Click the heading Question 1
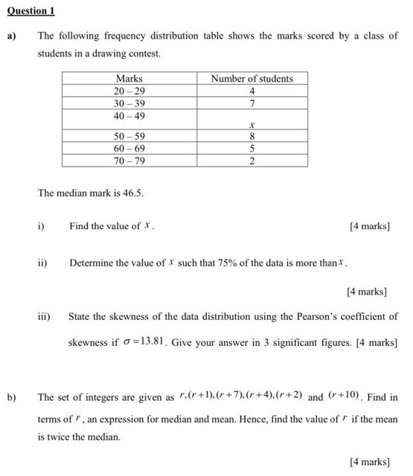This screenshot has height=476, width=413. (x=32, y=11)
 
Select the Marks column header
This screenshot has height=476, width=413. (x=129, y=78)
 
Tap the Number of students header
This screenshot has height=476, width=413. (x=252, y=78)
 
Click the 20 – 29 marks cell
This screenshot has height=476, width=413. (x=129, y=90)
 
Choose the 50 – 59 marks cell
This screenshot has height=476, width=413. (x=129, y=136)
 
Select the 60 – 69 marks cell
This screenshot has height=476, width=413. (x=129, y=148)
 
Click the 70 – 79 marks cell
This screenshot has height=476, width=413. (x=129, y=160)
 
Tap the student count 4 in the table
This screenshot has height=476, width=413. (x=252, y=90)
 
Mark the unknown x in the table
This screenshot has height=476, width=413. (x=252, y=126)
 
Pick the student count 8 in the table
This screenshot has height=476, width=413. (x=252, y=136)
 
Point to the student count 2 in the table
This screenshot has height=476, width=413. (x=252, y=160)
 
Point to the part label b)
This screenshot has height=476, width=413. (x=12, y=397)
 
